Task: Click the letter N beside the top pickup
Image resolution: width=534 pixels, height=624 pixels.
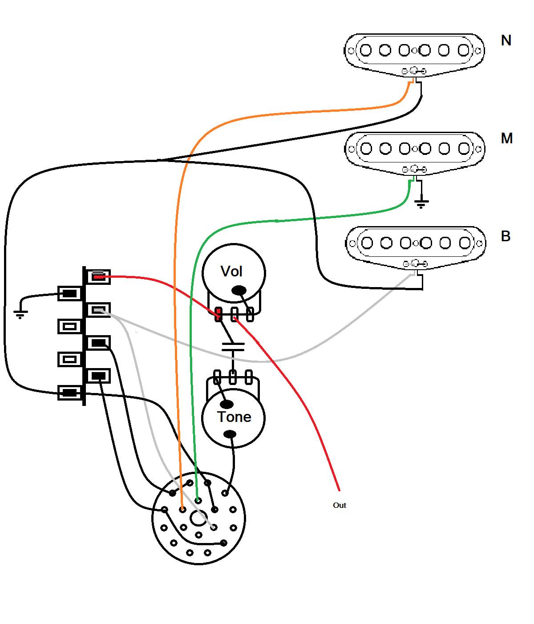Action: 506,41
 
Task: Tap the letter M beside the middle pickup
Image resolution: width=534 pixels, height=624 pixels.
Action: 506,138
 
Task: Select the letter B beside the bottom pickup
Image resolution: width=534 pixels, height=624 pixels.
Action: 506,236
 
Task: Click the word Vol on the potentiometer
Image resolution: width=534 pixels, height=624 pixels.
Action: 231,271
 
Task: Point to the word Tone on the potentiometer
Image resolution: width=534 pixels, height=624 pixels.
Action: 234,417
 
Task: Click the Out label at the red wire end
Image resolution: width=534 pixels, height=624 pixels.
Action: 339,505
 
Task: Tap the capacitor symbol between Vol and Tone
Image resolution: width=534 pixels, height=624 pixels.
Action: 233,347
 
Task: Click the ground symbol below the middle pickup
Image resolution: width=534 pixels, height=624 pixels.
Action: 421,204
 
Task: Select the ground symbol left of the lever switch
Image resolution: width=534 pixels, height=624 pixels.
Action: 20,314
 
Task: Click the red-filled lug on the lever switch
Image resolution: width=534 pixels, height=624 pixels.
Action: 98,277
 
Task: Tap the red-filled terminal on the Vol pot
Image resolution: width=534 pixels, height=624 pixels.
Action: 218,314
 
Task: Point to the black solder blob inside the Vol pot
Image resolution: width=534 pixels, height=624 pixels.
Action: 239,291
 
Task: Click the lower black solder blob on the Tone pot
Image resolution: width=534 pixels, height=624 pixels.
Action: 231,434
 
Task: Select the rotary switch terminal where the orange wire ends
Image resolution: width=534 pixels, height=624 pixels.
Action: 182,509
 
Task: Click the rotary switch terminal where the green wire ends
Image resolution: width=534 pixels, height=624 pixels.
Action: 198,501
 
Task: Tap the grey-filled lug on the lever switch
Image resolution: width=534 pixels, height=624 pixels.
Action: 98,310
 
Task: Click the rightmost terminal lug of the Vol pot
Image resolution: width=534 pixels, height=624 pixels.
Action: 250,314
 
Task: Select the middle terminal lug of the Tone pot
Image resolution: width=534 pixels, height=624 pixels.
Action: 232,377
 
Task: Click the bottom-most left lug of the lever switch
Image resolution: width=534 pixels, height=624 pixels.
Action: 70,393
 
